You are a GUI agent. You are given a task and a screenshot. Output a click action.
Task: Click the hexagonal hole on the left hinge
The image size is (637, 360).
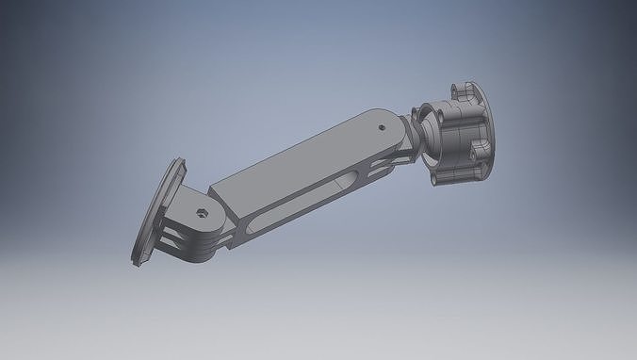coord(202,213)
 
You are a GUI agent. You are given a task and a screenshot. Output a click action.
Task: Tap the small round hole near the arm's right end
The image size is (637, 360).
coord(380,124)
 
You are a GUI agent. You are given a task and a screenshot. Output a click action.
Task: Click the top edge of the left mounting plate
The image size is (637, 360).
coord(179,161)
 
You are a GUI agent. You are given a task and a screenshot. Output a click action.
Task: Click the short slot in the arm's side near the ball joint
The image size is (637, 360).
coord(387,161)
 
